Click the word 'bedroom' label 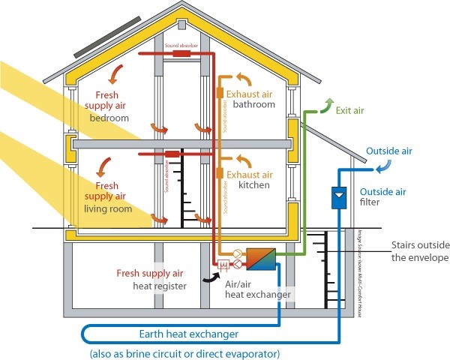pos(109,118)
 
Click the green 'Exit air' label pos(349,110)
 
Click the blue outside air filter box pos(338,197)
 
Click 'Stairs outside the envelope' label pos(419,252)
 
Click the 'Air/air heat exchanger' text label pos(257,289)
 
